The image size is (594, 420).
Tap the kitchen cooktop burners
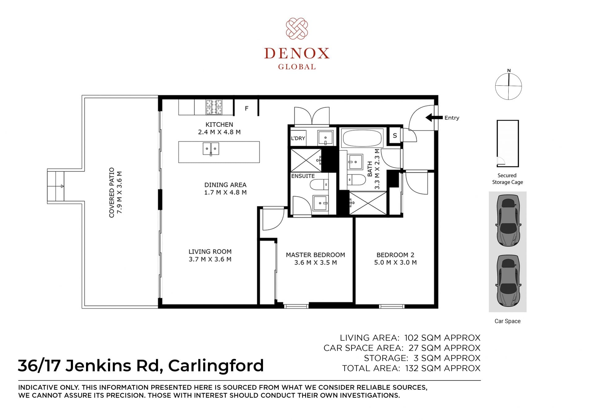[x=214, y=107]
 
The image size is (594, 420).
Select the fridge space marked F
[x=246, y=108]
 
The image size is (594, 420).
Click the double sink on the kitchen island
[x=211, y=149]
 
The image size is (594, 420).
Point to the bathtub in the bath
[x=362, y=138]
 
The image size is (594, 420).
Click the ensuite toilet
[x=319, y=185]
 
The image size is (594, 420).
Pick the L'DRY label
[x=298, y=138]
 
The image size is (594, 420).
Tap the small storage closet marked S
[x=394, y=135]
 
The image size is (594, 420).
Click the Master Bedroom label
[x=315, y=255]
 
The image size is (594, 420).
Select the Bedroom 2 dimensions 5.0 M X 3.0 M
[x=395, y=263]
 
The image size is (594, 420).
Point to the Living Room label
[x=210, y=252]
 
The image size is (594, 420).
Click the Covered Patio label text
[x=112, y=193]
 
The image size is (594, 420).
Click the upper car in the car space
[x=508, y=220]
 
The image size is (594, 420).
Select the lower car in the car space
[x=508, y=281]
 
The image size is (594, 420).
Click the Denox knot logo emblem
[x=297, y=28]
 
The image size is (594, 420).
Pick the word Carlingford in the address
[x=216, y=366]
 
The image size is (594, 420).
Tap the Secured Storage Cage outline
[x=508, y=144]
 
